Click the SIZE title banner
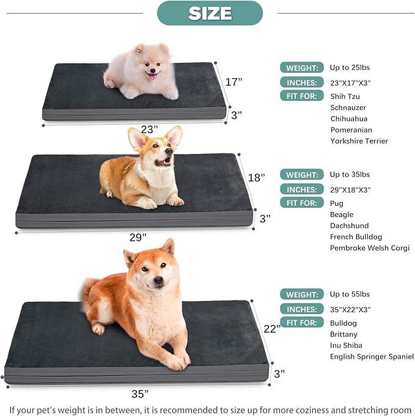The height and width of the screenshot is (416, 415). click(x=210, y=13)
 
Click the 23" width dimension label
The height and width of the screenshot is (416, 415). click(x=148, y=130)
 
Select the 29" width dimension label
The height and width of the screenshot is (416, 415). click(x=138, y=236)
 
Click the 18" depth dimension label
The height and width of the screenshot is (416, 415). click(x=256, y=178)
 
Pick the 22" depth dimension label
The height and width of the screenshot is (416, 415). click(x=271, y=329)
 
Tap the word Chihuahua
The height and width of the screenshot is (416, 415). click(x=348, y=119)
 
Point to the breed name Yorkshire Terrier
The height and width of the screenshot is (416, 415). click(x=359, y=141)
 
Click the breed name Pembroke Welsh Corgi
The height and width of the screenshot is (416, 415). click(x=369, y=248)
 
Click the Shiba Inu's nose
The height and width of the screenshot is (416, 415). click(x=157, y=281)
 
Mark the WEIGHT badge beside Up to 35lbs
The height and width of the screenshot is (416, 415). click(x=301, y=175)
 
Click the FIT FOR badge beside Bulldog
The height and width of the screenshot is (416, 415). click(x=301, y=323)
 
